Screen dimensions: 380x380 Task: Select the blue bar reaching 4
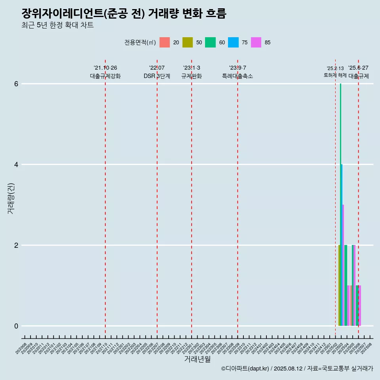(x=342, y=245)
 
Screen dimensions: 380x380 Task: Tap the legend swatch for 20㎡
(x=165, y=42)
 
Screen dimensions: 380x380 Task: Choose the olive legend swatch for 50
(x=188, y=42)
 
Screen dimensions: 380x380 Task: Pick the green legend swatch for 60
(x=210, y=42)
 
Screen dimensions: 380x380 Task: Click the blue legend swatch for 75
(x=233, y=42)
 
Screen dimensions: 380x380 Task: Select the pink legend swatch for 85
(x=256, y=42)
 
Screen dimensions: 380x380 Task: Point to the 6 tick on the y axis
(x=16, y=84)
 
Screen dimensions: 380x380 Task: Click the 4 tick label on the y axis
(x=16, y=165)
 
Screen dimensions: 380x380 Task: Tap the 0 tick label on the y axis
(x=16, y=326)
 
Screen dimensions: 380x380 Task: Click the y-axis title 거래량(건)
(x=11, y=198)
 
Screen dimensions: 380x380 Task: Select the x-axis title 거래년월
(x=197, y=359)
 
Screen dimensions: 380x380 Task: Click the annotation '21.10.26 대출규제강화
(x=105, y=72)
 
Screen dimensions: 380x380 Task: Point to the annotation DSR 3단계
(x=157, y=76)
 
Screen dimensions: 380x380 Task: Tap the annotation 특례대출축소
(x=237, y=76)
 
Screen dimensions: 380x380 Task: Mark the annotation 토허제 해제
(x=335, y=75)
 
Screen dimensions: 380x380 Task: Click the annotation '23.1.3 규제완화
(x=192, y=72)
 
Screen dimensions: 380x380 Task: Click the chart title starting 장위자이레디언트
(x=124, y=14)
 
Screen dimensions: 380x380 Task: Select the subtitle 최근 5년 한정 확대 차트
(x=58, y=26)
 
